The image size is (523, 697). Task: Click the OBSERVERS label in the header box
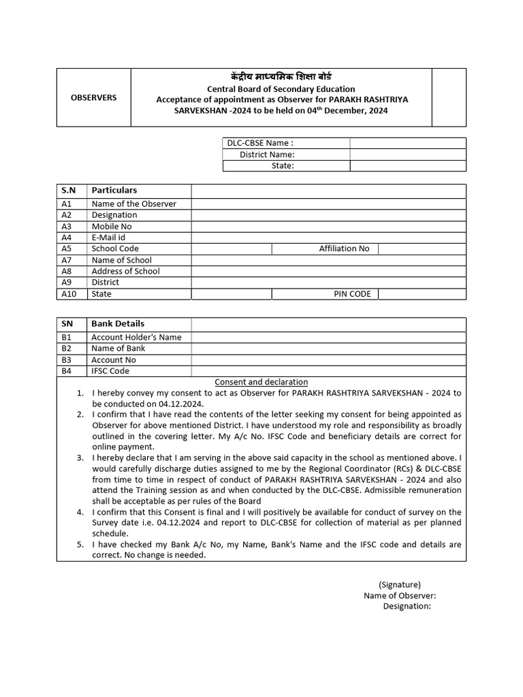pyautogui.click(x=93, y=97)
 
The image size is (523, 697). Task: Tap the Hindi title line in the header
pyautogui.click(x=281, y=76)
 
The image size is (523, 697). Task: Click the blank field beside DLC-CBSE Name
pyautogui.click(x=407, y=143)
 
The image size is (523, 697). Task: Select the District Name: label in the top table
pyautogui.click(x=267, y=155)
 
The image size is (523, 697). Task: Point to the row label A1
pyautogui.click(x=67, y=204)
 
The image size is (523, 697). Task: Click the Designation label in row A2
pyautogui.click(x=114, y=215)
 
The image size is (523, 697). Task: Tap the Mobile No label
pyautogui.click(x=112, y=226)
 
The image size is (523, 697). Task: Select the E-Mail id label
pyautogui.click(x=109, y=238)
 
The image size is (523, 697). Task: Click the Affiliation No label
pyautogui.click(x=344, y=248)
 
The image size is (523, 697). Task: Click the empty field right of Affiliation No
pyautogui.click(x=422, y=248)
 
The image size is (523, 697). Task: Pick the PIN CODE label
pyautogui.click(x=352, y=294)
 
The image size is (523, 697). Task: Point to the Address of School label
pyautogui.click(x=126, y=271)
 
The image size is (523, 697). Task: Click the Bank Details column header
pyautogui.click(x=118, y=324)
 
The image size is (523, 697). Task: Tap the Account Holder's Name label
pyautogui.click(x=137, y=337)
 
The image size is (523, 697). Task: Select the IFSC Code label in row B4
pyautogui.click(x=110, y=371)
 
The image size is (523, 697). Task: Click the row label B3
pyautogui.click(x=67, y=359)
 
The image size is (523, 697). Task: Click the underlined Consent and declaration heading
pyautogui.click(x=261, y=382)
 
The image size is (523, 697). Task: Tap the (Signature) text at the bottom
pyautogui.click(x=400, y=584)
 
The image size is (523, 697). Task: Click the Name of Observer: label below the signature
pyautogui.click(x=400, y=596)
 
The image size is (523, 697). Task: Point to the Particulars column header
pyautogui.click(x=114, y=191)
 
